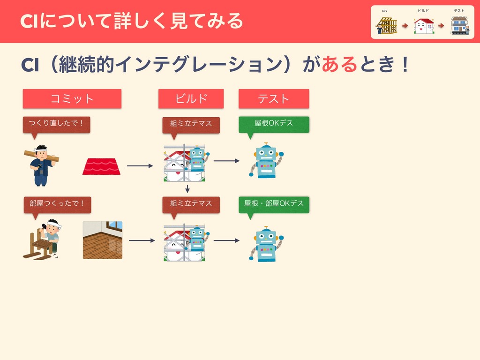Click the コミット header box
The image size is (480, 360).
coord(72,98)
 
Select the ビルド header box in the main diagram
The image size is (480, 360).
coord(191,98)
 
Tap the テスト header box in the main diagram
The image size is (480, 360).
coord(274,98)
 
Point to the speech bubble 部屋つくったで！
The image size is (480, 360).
coord(57,203)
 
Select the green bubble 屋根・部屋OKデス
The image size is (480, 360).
coord(274,203)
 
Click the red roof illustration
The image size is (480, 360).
coord(101,166)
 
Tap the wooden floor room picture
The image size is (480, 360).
coord(103,240)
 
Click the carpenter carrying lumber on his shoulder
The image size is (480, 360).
coord(41,165)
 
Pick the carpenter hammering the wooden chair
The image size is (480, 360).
coord(43,239)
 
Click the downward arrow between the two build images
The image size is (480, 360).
coord(187,188)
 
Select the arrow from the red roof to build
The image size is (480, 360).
coord(140,166)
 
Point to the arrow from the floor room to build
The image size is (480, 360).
coord(142,241)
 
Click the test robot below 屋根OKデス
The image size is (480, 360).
coord(266,161)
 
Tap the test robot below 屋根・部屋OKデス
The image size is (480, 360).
coord(266,244)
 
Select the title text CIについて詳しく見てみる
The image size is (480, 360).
coord(132,21)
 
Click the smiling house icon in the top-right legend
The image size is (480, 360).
coord(424,26)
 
